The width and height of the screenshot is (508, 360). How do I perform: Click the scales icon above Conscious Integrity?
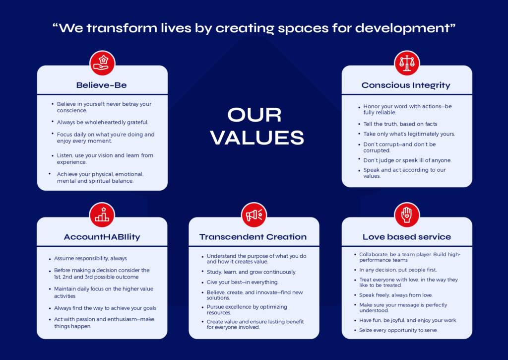click(407, 63)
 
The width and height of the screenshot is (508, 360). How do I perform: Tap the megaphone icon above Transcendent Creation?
click(254, 215)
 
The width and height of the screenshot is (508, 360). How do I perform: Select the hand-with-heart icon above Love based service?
click(407, 215)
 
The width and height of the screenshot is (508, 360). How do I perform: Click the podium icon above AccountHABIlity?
click(102, 215)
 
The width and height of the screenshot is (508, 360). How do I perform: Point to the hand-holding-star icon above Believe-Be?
click(102, 63)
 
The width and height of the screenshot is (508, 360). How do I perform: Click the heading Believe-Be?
click(101, 85)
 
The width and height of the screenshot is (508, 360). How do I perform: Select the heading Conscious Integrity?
click(406, 85)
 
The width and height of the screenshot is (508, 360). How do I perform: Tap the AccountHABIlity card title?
click(102, 237)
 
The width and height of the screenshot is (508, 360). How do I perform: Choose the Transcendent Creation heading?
click(253, 237)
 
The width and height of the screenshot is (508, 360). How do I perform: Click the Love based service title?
click(407, 237)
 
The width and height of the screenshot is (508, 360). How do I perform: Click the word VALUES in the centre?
click(257, 138)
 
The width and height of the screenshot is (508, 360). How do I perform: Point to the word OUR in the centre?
click(254, 115)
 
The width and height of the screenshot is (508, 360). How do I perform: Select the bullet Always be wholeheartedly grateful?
click(102, 122)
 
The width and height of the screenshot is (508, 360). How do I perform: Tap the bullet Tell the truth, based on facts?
click(400, 124)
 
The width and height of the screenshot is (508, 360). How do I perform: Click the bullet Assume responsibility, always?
click(90, 259)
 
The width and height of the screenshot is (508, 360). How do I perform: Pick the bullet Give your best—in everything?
click(242, 282)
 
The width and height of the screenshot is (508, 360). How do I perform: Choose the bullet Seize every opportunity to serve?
click(398, 330)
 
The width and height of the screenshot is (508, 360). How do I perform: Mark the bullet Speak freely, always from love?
click(395, 295)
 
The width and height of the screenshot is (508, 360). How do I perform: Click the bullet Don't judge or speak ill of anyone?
click(407, 160)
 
